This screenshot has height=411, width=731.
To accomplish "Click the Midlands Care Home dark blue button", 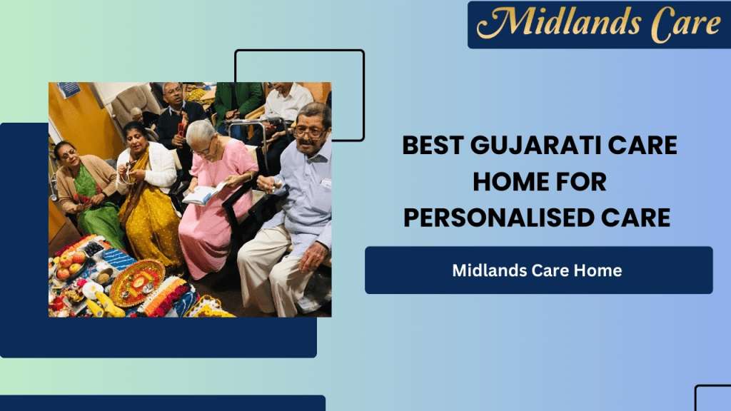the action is click(x=538, y=270).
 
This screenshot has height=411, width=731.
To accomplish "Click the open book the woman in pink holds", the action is click(x=203, y=193).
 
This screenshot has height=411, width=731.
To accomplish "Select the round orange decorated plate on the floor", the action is click(x=137, y=283).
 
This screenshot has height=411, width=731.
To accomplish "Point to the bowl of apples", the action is click(x=69, y=265).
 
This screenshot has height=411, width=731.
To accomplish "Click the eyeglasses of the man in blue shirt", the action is click(x=309, y=133).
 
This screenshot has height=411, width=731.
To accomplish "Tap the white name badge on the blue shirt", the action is click(x=326, y=183).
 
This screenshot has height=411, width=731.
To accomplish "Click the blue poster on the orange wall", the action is click(x=69, y=89).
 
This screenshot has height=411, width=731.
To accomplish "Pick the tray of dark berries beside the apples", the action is click(x=94, y=249).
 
